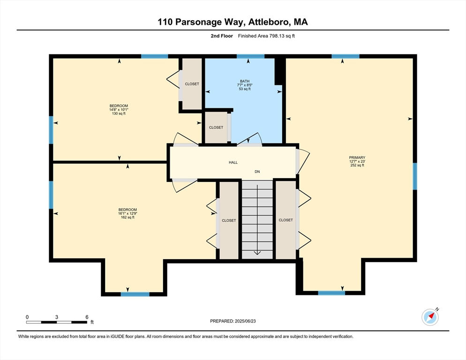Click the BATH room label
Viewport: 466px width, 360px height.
[x=245, y=81]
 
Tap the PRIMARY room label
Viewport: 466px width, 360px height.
[x=357, y=157]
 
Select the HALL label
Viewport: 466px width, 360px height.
[x=233, y=162]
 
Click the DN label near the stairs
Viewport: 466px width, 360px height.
[x=257, y=172]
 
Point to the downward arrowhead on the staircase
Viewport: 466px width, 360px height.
[x=257, y=253]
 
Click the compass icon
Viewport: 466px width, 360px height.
[x=430, y=317]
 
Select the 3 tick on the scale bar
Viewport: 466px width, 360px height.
[x=56, y=317]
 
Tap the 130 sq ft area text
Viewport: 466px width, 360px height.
[x=119, y=113]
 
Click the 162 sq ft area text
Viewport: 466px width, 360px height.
[x=128, y=217]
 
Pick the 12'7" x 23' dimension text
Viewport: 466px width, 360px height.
[x=357, y=161]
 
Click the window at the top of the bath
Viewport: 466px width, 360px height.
[x=250, y=56]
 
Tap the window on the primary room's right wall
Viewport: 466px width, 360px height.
[x=415, y=176]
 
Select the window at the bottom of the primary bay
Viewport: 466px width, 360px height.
[x=331, y=293]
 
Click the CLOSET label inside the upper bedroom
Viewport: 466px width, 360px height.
[x=192, y=84]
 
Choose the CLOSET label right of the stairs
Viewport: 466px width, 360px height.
[x=286, y=220]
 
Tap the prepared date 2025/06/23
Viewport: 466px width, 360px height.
[x=245, y=321]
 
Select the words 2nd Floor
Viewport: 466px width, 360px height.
[x=222, y=36]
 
